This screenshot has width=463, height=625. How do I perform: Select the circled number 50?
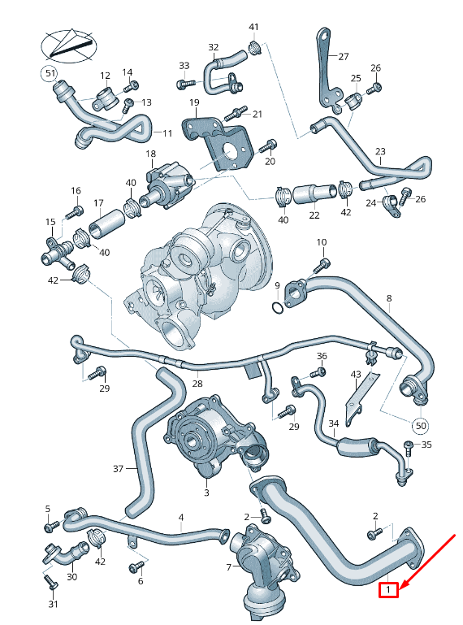point(420,424)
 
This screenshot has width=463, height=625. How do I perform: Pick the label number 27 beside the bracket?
point(343,57)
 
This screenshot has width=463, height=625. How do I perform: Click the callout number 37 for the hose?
point(118,469)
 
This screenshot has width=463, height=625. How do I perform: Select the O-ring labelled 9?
point(278,308)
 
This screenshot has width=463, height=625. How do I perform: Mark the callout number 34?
point(333,423)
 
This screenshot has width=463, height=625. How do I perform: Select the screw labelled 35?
point(408,445)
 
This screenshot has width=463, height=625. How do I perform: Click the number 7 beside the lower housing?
point(230,566)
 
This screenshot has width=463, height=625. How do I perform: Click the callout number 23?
point(380,152)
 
